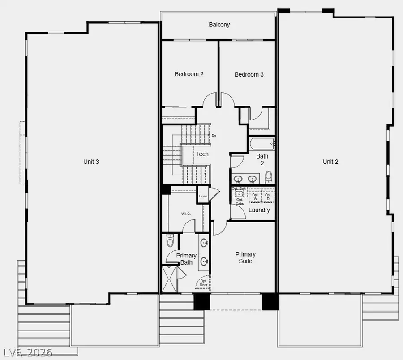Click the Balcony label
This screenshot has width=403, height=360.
(219, 25)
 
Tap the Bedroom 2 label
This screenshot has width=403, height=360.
(189, 74)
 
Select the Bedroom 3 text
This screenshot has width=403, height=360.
(249, 74)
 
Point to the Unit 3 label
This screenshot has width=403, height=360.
(91, 162)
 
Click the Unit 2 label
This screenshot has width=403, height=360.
(330, 162)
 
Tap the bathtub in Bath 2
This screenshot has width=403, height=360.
(262, 144)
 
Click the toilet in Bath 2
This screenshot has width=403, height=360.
(268, 177)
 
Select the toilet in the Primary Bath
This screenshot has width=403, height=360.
(170, 242)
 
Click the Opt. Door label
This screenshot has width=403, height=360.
(204, 283)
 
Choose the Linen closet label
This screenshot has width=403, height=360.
(203, 197)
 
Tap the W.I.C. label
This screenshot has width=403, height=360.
(186, 214)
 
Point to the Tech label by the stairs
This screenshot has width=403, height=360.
(202, 154)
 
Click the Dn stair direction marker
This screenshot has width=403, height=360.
(214, 135)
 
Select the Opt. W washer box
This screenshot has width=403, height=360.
(255, 196)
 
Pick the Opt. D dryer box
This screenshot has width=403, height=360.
(268, 196)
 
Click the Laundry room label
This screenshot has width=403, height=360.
(259, 210)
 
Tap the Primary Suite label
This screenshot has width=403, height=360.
(245, 257)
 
